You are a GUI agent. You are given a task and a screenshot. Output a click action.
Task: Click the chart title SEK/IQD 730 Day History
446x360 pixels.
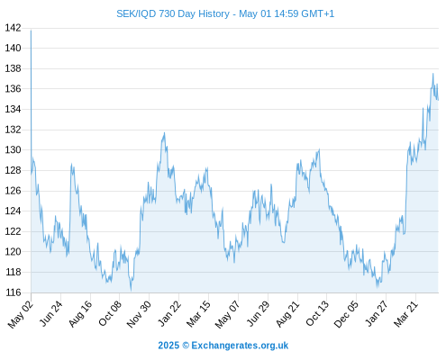[x=173, y=13]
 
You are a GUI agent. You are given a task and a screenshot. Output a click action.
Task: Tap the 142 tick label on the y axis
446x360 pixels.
[x=13, y=28]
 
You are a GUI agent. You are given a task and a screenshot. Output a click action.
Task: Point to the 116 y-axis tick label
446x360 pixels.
[x=13, y=292]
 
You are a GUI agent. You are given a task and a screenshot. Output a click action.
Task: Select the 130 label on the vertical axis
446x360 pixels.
[x=13, y=149]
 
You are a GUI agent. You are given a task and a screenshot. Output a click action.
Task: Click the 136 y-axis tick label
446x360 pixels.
[x=13, y=89]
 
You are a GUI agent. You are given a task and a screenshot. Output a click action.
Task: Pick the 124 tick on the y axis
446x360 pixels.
[x=13, y=211]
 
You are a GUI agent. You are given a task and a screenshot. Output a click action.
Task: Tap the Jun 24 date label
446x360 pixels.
[x=51, y=313]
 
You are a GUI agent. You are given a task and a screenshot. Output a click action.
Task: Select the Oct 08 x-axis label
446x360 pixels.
[x=110, y=313]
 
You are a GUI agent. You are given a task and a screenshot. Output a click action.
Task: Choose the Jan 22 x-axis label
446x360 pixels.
[x=169, y=313]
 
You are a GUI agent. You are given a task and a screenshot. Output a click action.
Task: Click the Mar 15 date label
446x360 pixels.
[x=198, y=314]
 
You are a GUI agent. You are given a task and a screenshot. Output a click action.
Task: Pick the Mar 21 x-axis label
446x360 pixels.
[x=405, y=313]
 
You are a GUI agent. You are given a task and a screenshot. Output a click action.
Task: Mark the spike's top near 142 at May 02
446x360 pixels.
[x=31, y=31]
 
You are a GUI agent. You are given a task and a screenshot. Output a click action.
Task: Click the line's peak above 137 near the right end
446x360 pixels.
[x=432, y=74]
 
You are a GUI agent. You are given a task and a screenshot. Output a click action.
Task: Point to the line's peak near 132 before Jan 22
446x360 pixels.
[x=164, y=132]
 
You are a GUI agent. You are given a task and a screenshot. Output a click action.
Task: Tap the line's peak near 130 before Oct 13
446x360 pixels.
[x=319, y=149]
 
